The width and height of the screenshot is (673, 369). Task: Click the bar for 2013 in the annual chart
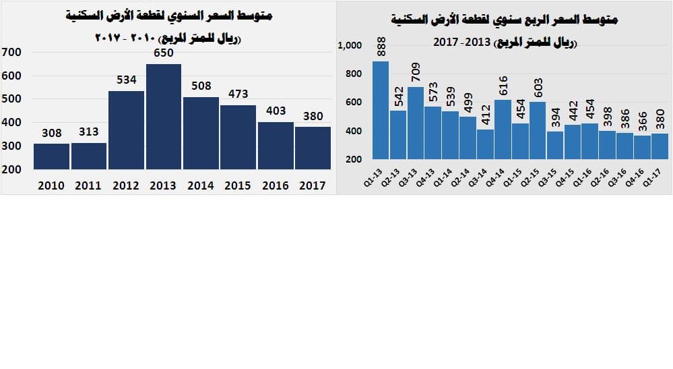point(164,116)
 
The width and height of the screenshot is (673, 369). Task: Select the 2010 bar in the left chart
point(51,156)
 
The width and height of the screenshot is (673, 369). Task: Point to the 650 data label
point(164,53)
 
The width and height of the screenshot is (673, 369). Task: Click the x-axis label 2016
point(276,186)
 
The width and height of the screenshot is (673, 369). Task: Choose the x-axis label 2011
point(88,186)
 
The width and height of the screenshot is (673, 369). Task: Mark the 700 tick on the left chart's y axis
point(12,52)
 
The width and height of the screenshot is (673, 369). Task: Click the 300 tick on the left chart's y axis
point(12,146)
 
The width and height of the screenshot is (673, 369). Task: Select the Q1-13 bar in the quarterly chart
point(381,110)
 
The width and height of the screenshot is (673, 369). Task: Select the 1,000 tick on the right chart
point(350,45)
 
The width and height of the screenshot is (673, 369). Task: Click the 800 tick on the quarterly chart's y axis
point(354,74)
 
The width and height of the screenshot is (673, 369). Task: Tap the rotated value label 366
point(642,121)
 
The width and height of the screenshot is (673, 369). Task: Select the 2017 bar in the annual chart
point(313,148)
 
